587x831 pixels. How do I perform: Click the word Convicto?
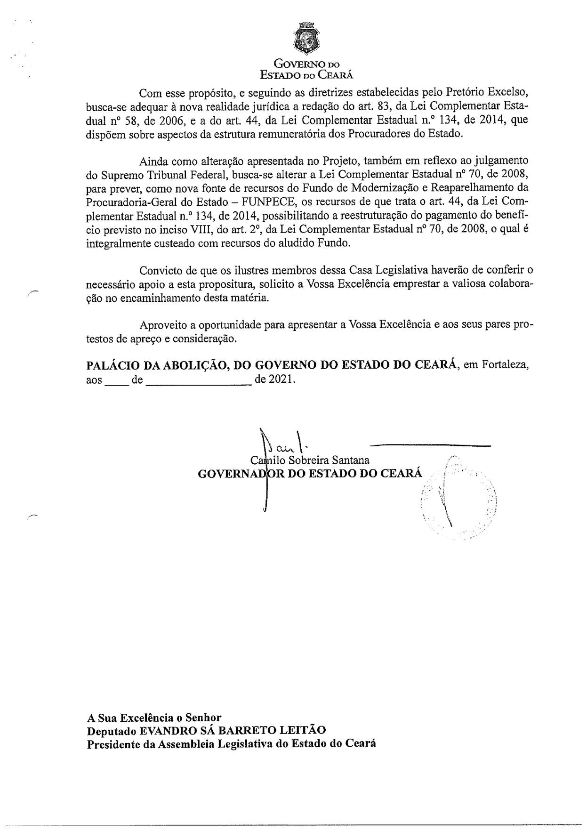pyautogui.click(x=161, y=271)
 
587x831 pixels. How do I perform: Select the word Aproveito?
pyautogui.click(x=164, y=325)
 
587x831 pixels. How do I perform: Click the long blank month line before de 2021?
pyautogui.click(x=199, y=384)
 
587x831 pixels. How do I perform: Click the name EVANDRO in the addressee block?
pyautogui.click(x=162, y=731)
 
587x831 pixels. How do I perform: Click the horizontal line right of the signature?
pyautogui.click(x=431, y=444)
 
